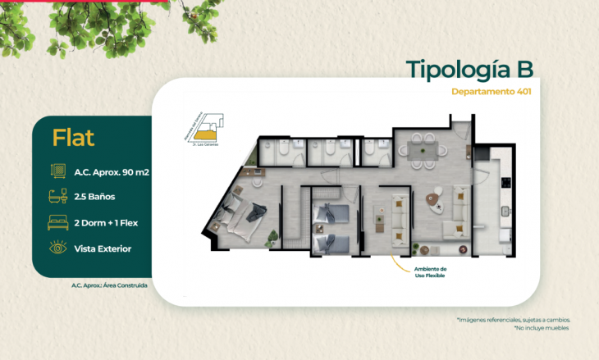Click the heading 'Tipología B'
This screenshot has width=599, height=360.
click(469, 71)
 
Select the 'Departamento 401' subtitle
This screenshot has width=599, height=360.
click(491, 92)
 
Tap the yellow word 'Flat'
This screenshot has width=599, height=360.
click(73, 138)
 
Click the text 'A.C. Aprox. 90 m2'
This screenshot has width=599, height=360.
click(112, 172)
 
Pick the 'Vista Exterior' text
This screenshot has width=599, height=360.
click(103, 248)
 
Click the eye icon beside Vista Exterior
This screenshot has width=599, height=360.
click(58, 248)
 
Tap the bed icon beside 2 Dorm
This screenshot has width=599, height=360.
click(58, 223)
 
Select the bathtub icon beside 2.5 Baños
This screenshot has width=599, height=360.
click(58, 198)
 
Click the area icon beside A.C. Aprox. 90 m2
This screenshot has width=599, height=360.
click(58, 172)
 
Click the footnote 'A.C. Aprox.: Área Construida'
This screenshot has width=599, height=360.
click(110, 285)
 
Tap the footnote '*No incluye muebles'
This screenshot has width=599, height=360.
click(542, 328)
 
